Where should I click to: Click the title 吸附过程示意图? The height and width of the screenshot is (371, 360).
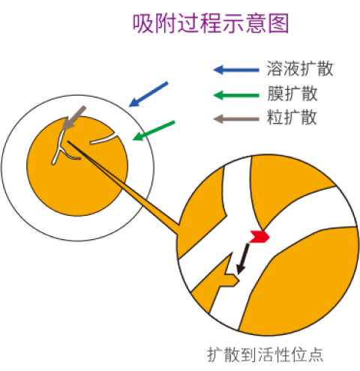[211, 23]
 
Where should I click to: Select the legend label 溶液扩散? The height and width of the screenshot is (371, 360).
[300, 68]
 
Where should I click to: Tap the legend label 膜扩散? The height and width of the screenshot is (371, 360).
[292, 94]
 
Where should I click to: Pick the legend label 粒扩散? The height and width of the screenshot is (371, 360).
[292, 117]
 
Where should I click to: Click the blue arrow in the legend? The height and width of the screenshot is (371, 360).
[236, 70]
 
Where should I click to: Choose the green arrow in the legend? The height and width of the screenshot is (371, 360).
[236, 95]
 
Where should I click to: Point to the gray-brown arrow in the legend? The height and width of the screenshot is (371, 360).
[236, 119]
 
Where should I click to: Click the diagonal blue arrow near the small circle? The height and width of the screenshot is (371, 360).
[148, 94]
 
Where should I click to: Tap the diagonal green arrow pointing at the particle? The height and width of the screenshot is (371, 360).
[154, 130]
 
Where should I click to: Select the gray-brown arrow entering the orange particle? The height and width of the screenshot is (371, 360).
[73, 118]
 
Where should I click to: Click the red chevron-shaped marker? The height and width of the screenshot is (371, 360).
[259, 237]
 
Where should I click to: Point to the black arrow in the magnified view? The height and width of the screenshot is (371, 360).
[243, 259]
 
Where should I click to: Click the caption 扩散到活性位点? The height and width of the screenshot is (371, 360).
[265, 355]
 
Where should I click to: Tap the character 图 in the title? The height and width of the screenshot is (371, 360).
[279, 23]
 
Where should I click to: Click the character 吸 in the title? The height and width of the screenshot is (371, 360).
[142, 23]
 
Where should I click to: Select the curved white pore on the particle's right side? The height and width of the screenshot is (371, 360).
[103, 139]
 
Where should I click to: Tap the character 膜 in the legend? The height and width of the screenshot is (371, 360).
[275, 94]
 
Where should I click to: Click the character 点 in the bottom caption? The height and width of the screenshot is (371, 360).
[316, 355]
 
